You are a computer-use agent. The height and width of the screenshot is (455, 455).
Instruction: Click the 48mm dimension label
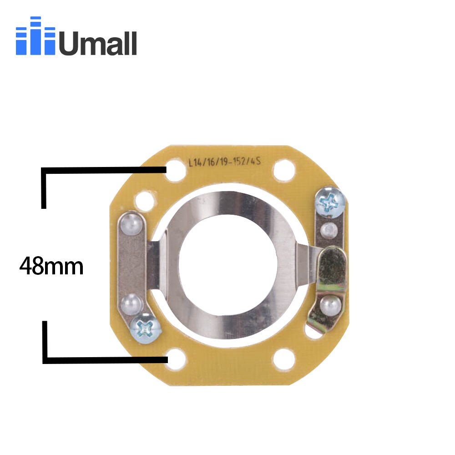(x=51, y=267)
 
